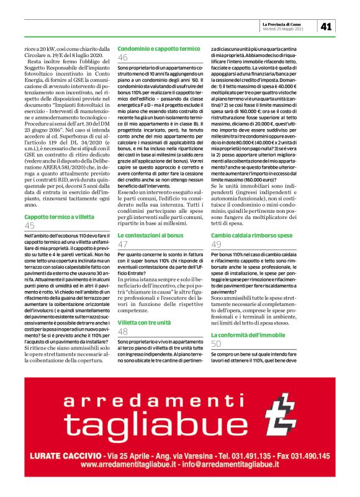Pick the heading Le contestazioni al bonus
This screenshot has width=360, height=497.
point(151,236)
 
